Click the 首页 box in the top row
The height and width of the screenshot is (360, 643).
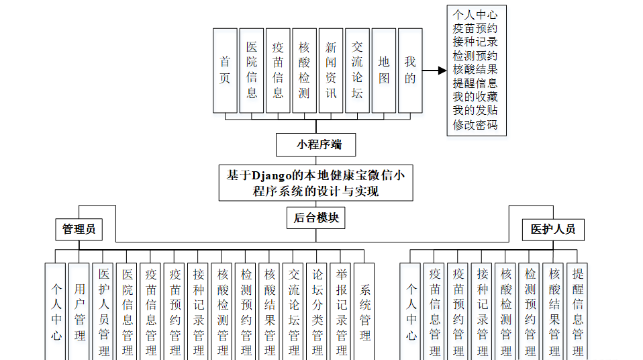pos(225,70)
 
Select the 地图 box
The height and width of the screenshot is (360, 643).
pos(383,70)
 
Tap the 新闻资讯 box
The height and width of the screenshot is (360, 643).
pos(331,70)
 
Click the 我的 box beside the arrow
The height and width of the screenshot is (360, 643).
pos(410,70)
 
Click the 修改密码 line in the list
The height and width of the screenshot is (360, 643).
pos(475,125)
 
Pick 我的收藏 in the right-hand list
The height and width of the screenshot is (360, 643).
pos(475,97)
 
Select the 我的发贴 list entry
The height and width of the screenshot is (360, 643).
pos(475,111)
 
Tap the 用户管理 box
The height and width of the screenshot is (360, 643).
pos(80,312)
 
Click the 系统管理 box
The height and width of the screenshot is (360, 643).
pos(365,312)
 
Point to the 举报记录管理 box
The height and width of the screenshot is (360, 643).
pos(341,312)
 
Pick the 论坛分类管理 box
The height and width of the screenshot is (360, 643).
pos(317,312)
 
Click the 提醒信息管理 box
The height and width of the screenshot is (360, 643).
pos(577,312)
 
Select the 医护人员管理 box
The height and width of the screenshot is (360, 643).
pos(104,312)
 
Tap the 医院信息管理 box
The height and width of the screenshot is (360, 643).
pos(128,312)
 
